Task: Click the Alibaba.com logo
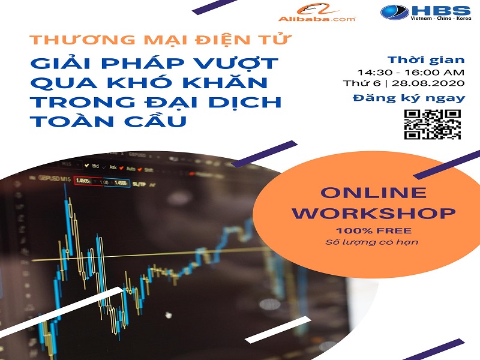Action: tap(317, 13)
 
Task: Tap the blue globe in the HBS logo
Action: tap(395, 12)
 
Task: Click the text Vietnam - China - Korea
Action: tap(441, 19)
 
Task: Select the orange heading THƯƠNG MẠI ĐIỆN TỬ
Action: tap(160, 39)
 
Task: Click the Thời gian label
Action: tap(426, 59)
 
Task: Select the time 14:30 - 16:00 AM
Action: tap(411, 73)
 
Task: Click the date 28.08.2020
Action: tap(428, 83)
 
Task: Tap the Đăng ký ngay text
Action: tap(409, 98)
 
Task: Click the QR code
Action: tap(432, 124)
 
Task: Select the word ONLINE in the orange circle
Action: tap(373, 193)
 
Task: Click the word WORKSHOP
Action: tap(373, 214)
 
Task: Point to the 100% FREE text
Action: tap(373, 230)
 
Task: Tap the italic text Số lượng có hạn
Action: tap(371, 242)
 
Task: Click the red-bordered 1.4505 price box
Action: tap(83, 181)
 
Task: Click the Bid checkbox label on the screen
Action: tap(92, 166)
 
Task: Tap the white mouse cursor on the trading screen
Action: tap(168, 314)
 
